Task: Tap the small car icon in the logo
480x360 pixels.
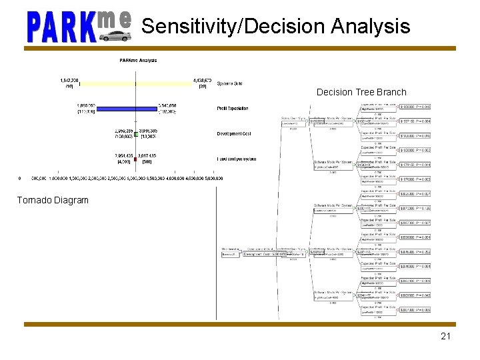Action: point(115,35)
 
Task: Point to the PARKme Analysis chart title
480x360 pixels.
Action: point(138,61)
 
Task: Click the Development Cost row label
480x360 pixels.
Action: point(234,133)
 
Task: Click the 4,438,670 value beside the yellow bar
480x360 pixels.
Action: point(203,80)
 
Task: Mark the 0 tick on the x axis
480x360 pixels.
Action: point(20,178)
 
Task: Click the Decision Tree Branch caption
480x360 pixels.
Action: point(361,92)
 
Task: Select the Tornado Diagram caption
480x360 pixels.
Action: point(53,200)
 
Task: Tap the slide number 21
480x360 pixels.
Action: point(445,336)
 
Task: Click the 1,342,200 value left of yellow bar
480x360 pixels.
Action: point(69,80)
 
